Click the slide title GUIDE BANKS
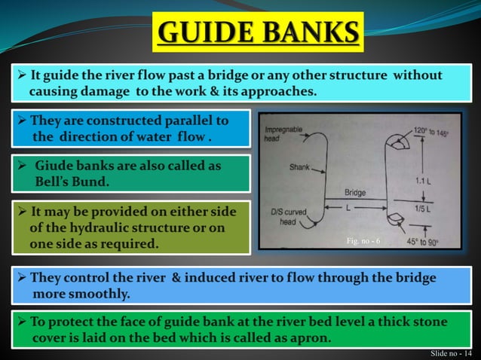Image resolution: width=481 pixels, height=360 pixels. (x=259, y=32)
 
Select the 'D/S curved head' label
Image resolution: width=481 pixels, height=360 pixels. (x=291, y=218)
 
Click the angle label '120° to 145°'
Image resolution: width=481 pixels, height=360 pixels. (x=432, y=130)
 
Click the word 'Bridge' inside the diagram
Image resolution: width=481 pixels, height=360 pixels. (x=355, y=193)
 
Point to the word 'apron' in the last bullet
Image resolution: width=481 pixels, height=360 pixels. (x=310, y=337)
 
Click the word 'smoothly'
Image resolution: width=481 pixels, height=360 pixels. (x=104, y=293)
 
